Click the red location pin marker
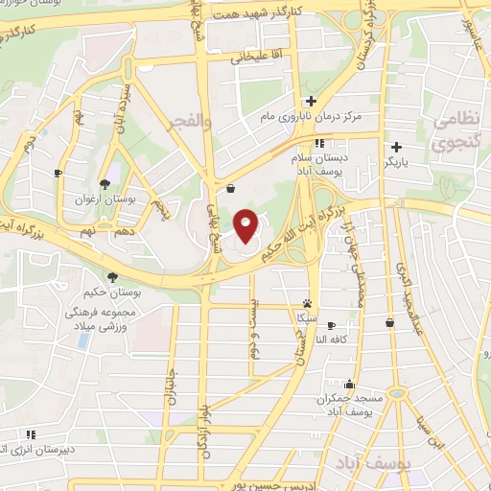click(246, 224)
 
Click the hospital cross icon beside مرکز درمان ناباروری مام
click(311, 101)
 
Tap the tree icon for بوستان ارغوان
click(105, 184)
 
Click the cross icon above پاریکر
click(392, 149)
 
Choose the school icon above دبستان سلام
click(307, 143)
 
